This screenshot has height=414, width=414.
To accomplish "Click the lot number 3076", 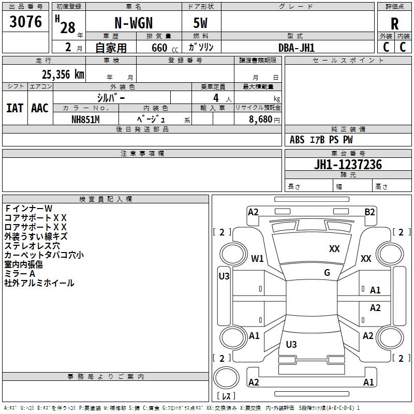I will pyautogui.click(x=26, y=22).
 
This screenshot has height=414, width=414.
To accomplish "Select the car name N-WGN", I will pyautogui.click(x=133, y=24).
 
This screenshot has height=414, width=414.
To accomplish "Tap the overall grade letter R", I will pyautogui.click(x=394, y=23).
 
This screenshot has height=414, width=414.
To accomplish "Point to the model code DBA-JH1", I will pyautogui.click(x=297, y=48).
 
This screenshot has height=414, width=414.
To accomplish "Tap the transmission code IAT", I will pyautogui.click(x=14, y=108).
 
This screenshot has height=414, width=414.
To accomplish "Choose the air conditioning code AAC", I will pyautogui.click(x=39, y=108).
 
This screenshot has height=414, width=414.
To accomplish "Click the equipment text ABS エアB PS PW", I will pyautogui.click(x=321, y=140).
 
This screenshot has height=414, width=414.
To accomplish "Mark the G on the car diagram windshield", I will pyautogui.click(x=327, y=273).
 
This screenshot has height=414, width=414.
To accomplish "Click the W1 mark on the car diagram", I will pyautogui.click(x=257, y=258).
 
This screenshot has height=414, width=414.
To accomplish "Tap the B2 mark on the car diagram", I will pyautogui.click(x=369, y=212).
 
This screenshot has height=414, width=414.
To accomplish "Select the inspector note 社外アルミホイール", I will pyautogui.click(x=39, y=283).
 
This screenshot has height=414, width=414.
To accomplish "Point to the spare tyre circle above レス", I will pyautogui.click(x=226, y=377).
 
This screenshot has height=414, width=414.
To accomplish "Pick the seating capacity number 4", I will pyautogui.click(x=215, y=97).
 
